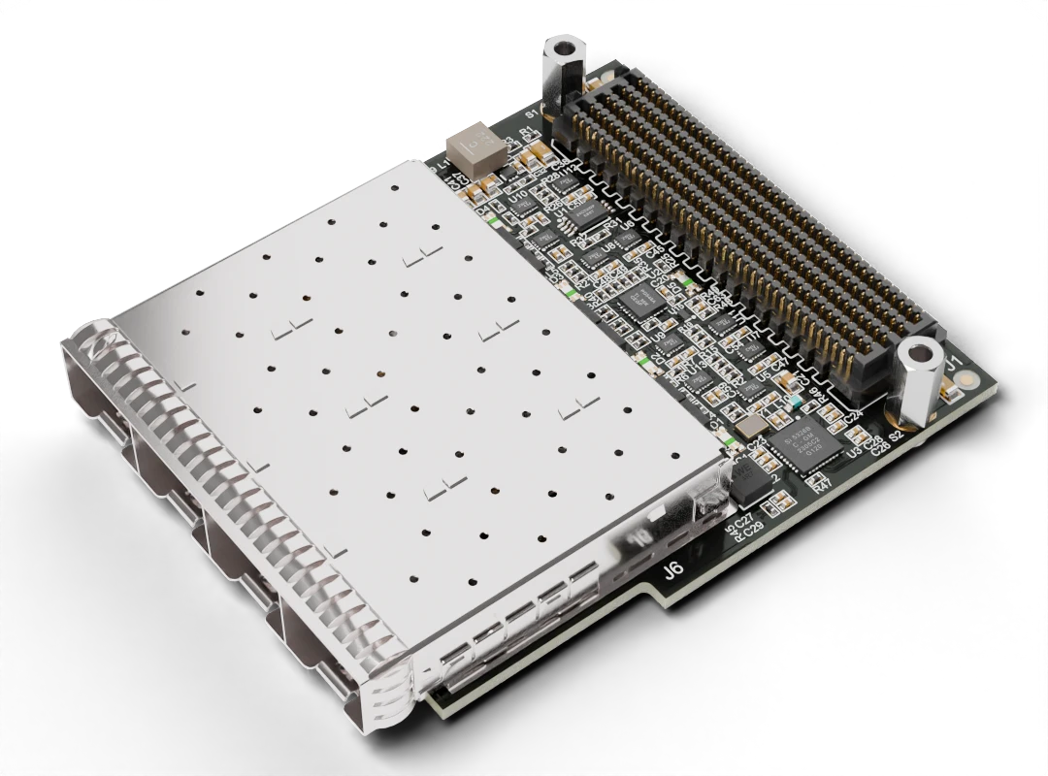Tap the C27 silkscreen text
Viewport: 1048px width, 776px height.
point(744,524)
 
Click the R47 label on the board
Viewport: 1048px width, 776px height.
point(823,484)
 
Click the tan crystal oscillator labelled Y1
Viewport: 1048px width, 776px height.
point(748,428)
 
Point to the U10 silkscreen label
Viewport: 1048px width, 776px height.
point(519,195)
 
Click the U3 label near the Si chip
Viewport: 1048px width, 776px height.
point(854,453)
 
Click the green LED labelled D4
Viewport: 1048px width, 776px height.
point(493,221)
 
